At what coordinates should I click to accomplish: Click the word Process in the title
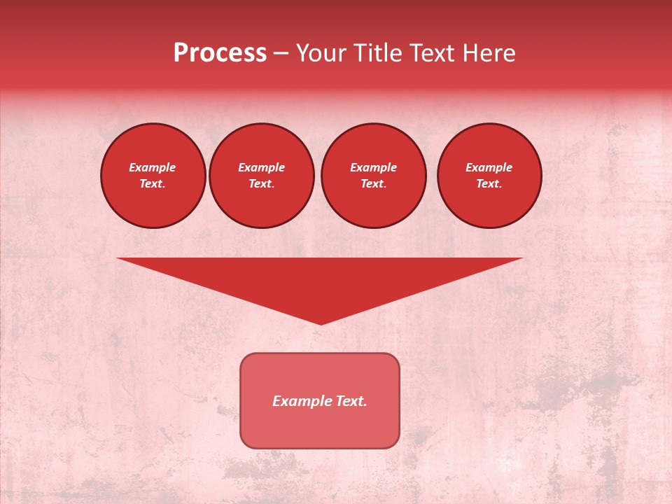point(220,53)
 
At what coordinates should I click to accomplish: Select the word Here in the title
point(489,53)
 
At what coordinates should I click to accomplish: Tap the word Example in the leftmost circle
point(153,167)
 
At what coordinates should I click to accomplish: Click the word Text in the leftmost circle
point(152,183)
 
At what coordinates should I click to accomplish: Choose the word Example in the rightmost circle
point(489,167)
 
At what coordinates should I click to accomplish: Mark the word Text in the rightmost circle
point(489,183)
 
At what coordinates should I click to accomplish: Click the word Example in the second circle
point(261,167)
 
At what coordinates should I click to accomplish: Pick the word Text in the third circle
point(373,183)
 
